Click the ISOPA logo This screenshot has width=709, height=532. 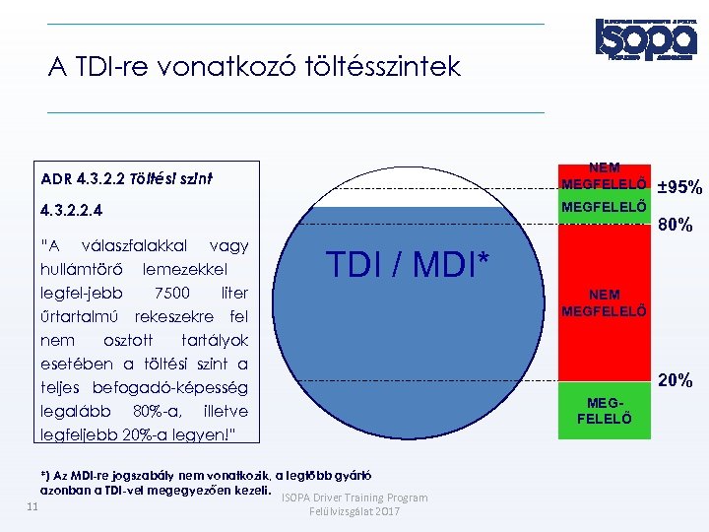pyautogui.click(x=645, y=38)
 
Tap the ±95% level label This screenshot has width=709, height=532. pyautogui.click(x=679, y=187)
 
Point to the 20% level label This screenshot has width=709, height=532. pyautogui.click(x=676, y=380)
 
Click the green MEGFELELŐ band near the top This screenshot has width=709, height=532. pyautogui.click(x=603, y=207)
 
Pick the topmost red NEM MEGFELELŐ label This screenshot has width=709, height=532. pyautogui.click(x=603, y=176)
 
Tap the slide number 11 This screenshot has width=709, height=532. pyautogui.click(x=32, y=506)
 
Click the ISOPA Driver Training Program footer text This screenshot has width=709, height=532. pyautogui.click(x=354, y=498)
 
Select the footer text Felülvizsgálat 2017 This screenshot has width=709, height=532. pyautogui.click(x=354, y=512)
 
